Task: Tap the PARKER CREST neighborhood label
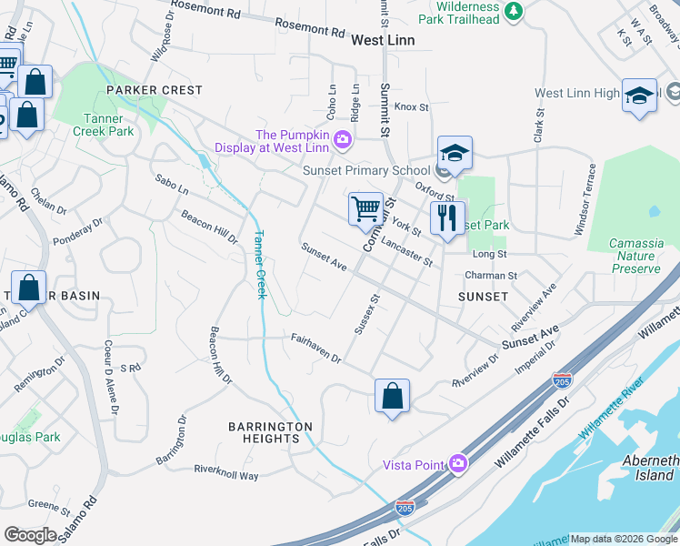(x=154, y=90)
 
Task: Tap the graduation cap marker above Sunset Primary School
(x=455, y=152)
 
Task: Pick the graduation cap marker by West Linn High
(x=639, y=95)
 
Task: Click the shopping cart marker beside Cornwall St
(x=365, y=207)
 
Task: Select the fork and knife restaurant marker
(x=446, y=218)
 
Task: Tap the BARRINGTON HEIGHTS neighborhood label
(x=270, y=432)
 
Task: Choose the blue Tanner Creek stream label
(x=259, y=265)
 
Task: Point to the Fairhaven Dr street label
(x=315, y=348)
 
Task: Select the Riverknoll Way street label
(x=226, y=472)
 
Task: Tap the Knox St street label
(x=411, y=107)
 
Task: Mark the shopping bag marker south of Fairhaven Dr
(x=392, y=397)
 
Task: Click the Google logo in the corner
(x=30, y=535)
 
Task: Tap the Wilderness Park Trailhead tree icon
(x=515, y=10)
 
